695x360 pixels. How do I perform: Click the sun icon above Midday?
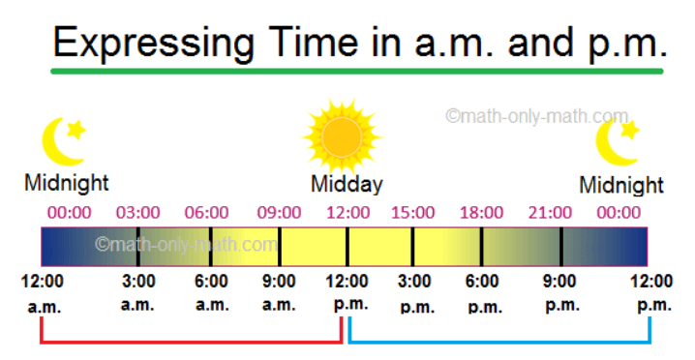[342, 136]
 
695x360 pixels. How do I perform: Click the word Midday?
[347, 185]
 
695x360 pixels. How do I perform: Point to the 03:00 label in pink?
[137, 213]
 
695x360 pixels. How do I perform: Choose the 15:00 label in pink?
[412, 213]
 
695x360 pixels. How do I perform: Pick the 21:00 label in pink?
[550, 213]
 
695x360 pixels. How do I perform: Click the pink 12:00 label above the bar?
[347, 213]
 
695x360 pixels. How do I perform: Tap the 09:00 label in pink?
[279, 213]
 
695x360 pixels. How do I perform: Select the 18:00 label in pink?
[481, 213]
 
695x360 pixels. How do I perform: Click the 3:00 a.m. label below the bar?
[138, 292]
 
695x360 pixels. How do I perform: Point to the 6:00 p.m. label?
[483, 293]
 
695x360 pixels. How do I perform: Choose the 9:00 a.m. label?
[279, 292]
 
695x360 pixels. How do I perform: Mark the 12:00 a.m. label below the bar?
[43, 293]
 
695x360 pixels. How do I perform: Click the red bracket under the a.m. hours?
[191, 342]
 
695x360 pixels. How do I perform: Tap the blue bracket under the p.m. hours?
[499, 342]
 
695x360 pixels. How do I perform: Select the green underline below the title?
[357, 71]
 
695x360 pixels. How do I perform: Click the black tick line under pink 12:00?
[347, 247]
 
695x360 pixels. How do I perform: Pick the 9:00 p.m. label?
[561, 292]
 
